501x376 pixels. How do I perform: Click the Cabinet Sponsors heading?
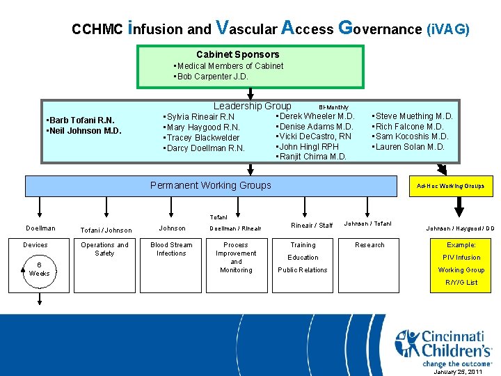point(237,54)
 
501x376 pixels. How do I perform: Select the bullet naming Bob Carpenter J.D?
point(212,77)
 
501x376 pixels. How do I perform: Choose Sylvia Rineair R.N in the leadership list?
point(199,117)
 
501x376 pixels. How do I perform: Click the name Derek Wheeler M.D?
point(316,116)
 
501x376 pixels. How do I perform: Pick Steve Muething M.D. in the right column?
point(414,116)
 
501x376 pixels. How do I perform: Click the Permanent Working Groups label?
point(210,185)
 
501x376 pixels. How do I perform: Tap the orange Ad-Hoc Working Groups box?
point(450,186)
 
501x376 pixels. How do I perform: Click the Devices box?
point(35,245)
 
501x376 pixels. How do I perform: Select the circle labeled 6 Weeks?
point(39,269)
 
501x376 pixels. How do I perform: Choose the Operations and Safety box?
point(104,249)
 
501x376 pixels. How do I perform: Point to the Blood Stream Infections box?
point(171,249)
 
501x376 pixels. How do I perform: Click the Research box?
point(369,245)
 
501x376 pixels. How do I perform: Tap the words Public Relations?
point(302,270)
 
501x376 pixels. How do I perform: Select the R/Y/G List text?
point(461,283)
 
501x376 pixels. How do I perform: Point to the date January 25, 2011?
point(458,372)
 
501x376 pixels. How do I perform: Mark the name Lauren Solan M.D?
point(410,147)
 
